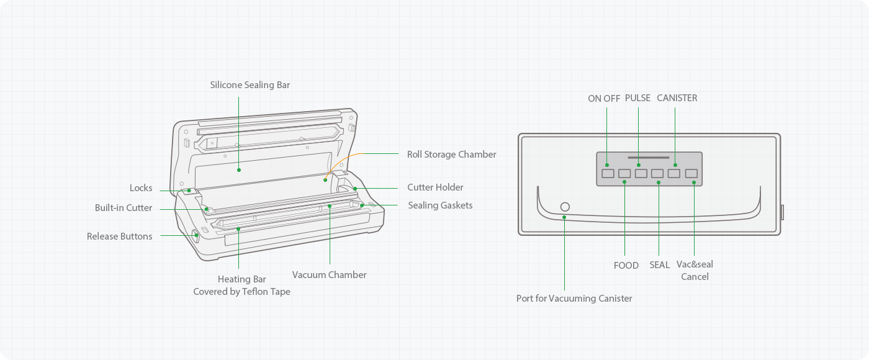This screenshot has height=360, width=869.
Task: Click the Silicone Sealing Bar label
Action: pos(250,84)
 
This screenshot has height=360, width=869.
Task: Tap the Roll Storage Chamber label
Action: pos(451,154)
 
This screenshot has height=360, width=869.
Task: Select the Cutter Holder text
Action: pos(435,187)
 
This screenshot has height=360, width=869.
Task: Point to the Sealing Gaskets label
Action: pos(440,205)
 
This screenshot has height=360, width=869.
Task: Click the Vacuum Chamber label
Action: pos(329,274)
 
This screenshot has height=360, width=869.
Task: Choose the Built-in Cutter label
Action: pos(123,208)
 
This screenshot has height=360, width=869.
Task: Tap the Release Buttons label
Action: pos(119,236)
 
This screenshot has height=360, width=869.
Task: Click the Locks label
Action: pos(141,188)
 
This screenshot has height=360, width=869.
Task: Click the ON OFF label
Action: pos(604,98)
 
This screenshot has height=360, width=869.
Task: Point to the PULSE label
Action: pos(637,98)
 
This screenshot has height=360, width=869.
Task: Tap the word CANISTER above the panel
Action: pos(677,98)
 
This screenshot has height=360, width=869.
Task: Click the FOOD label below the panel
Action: pos(626,265)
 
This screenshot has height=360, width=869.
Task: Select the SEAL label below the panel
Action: pos(659,265)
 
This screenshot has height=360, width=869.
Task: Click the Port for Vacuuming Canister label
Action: pos(574,298)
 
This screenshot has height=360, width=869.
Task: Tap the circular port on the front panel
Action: pos(565,206)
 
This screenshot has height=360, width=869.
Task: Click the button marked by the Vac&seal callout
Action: pos(691,173)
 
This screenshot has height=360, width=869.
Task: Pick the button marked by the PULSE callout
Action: pos(641,173)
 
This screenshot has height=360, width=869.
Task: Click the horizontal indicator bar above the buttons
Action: pos(649,158)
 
